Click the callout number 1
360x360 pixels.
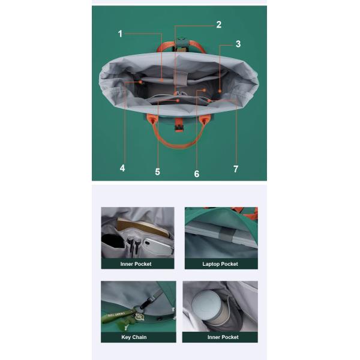coord(120,34)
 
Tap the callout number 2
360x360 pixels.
coord(219,25)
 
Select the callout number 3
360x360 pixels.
coord(238,44)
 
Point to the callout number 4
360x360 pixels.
coord(122,168)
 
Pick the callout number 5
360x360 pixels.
coord(157,172)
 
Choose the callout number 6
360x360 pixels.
coord(197,174)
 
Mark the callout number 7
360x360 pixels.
coord(236,169)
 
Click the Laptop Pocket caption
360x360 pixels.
coord(220,264)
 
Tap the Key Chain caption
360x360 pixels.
coord(134,337)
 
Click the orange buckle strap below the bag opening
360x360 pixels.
coord(178,125)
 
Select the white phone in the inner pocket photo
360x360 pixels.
coord(158,247)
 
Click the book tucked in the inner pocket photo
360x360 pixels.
coord(144,227)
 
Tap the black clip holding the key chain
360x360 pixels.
coord(147,302)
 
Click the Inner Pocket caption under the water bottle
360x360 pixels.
coord(223,337)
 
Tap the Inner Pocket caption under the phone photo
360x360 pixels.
coord(136,264)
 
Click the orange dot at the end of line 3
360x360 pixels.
coord(220,91)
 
